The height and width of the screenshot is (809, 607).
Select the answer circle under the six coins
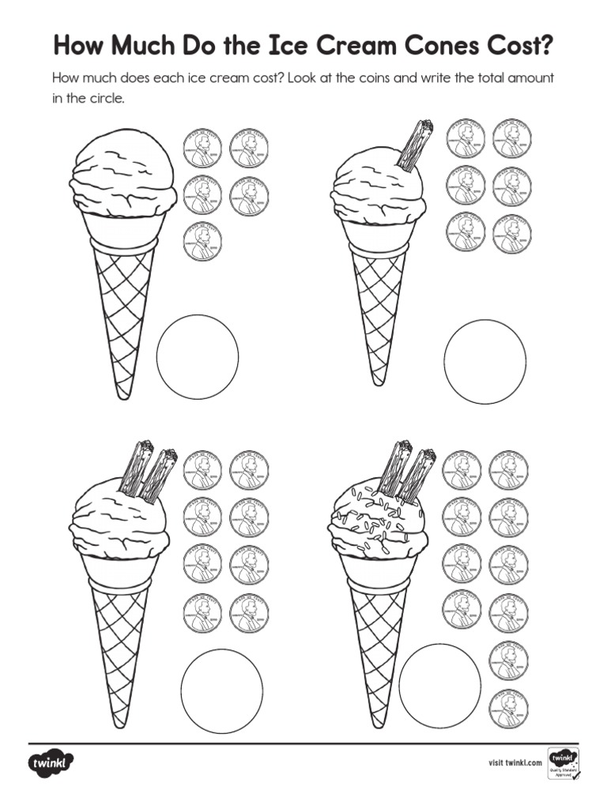click(484, 361)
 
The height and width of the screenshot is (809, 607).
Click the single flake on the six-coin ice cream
click(413, 146)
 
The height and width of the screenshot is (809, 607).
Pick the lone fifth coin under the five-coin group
click(202, 242)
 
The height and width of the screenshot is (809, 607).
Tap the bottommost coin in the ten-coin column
click(509, 708)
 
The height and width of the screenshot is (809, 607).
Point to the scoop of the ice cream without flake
click(123, 175)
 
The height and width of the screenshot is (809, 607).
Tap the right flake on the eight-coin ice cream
click(159, 475)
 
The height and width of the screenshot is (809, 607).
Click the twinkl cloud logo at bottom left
click(52, 764)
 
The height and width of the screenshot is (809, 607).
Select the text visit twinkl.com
click(515, 763)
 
